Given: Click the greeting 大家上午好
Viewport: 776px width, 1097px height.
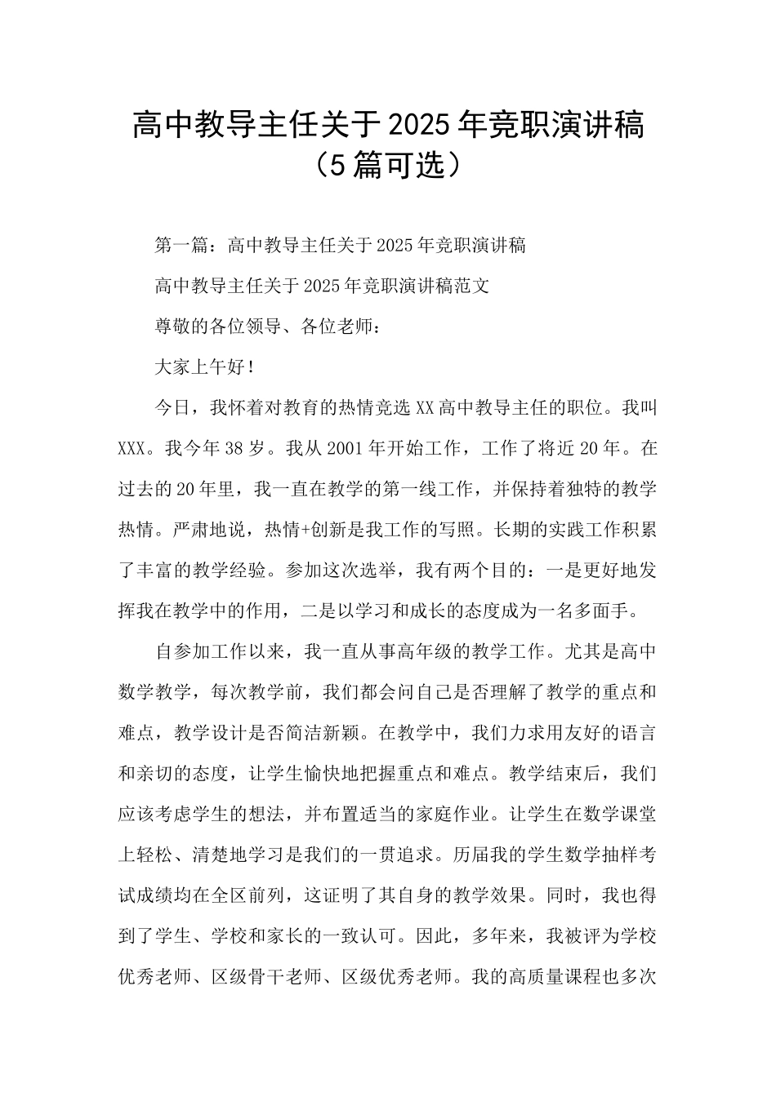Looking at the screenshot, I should (200, 367).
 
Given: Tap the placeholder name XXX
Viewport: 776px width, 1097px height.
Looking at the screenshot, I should (132, 449).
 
